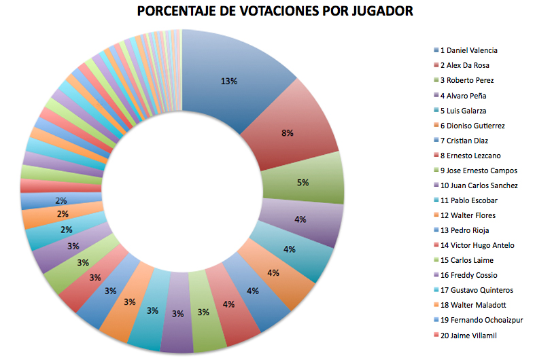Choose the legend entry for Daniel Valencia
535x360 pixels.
[x=468, y=50]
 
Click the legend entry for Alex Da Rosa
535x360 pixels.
[x=464, y=65]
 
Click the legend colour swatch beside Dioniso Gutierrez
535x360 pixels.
[x=436, y=126]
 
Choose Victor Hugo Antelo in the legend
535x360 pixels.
[x=477, y=245]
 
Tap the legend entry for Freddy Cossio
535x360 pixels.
[x=468, y=275]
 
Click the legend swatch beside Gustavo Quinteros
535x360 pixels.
[x=436, y=290]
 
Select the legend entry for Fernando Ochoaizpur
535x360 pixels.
[x=482, y=320]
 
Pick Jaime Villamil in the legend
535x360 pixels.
[x=470, y=335]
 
